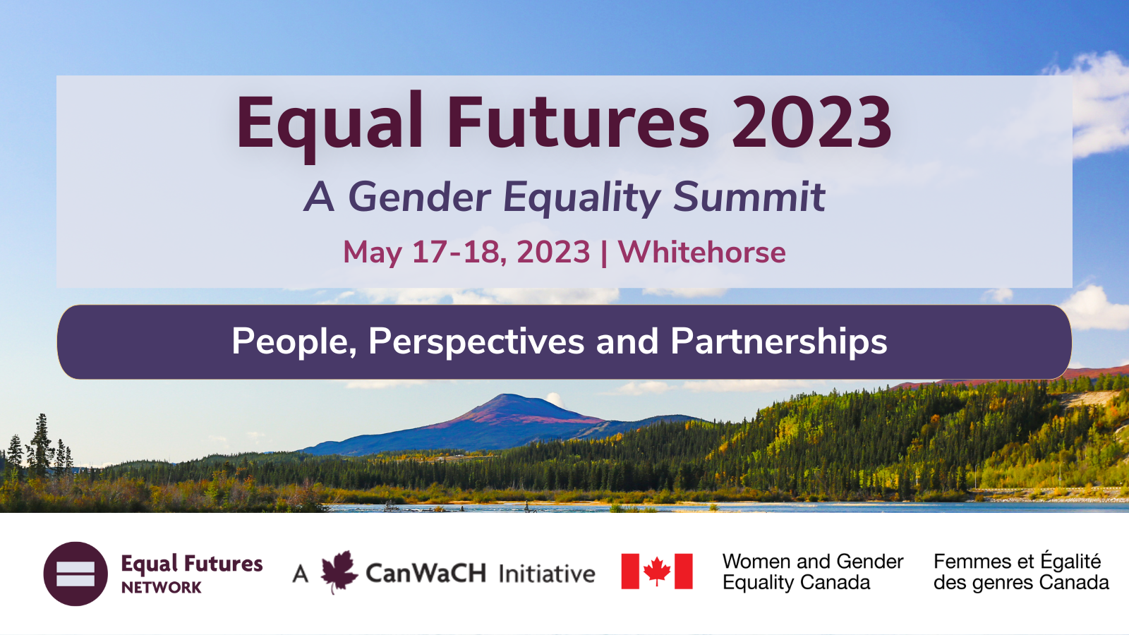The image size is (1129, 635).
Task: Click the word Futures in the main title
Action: pyautogui.click(x=578, y=122)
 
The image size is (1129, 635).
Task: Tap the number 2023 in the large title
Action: pyautogui.click(x=811, y=122)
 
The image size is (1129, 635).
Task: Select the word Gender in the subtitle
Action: pyautogui.click(x=419, y=197)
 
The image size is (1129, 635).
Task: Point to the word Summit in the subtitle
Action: pyautogui.click(x=749, y=197)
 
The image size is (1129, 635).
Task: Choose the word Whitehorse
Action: pyautogui.click(x=701, y=251)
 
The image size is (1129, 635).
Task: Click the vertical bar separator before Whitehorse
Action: pyautogui.click(x=604, y=252)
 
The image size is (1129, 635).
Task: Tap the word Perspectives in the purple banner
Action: pyautogui.click(x=476, y=342)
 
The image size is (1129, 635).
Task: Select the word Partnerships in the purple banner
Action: pyautogui.click(x=779, y=342)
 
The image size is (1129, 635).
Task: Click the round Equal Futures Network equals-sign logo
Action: pyautogui.click(x=76, y=574)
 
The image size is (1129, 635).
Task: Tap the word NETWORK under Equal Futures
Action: pyautogui.click(x=162, y=588)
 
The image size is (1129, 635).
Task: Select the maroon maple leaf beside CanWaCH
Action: pyautogui.click(x=339, y=572)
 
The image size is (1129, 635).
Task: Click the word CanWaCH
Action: pyautogui.click(x=426, y=573)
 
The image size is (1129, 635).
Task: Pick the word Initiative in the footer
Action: pyautogui.click(x=547, y=574)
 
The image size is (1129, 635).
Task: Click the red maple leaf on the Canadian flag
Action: pyautogui.click(x=657, y=571)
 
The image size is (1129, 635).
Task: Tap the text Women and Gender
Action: pyautogui.click(x=813, y=562)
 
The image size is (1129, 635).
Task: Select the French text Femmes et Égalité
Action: pyautogui.click(x=1017, y=560)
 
